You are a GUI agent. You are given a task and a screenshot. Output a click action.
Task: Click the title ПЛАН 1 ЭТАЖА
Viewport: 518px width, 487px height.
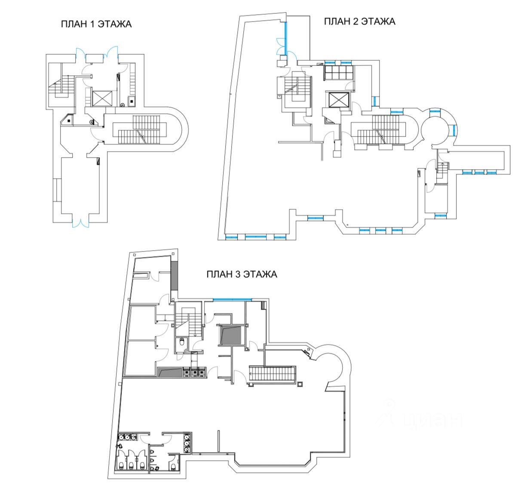point(96,24)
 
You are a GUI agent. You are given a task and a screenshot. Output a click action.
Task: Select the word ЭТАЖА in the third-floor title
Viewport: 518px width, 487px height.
point(260,274)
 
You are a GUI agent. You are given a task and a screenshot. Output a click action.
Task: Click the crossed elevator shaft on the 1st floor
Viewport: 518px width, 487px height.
point(101,98)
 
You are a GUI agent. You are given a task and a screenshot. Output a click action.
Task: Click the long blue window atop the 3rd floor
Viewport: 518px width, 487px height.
point(233,300)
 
